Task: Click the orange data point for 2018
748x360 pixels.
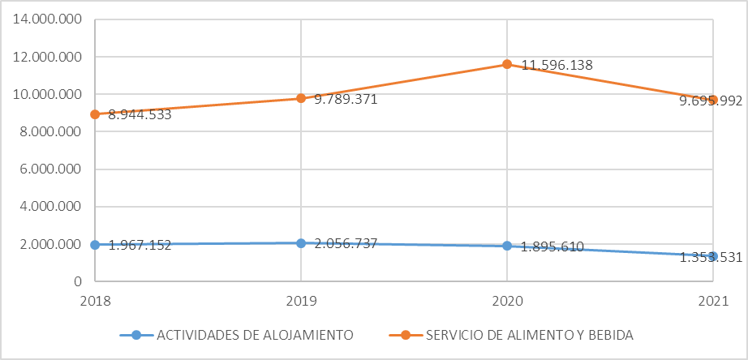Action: click(x=95, y=114)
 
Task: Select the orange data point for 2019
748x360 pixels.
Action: click(x=301, y=98)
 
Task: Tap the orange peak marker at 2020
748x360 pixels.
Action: click(x=507, y=64)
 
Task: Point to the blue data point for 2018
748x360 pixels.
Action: click(x=95, y=245)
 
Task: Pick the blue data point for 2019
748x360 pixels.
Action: click(x=301, y=243)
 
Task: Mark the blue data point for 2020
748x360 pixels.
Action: click(x=507, y=246)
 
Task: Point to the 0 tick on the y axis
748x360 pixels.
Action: click(x=77, y=282)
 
